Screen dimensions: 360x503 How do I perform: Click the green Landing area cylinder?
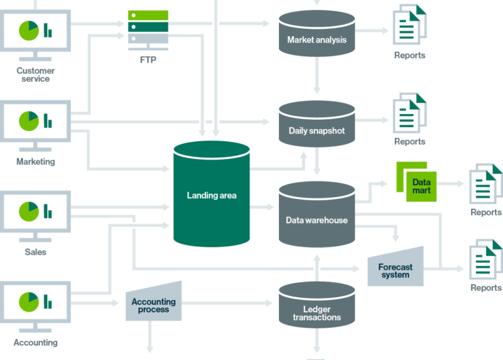211,194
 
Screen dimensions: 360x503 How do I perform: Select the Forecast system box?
396,268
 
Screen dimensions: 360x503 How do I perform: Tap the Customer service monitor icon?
35,31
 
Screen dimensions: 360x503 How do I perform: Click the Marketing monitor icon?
35,121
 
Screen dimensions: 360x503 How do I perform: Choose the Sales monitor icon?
35,211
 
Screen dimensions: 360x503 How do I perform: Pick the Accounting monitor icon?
35,302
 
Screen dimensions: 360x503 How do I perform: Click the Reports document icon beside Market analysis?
409,24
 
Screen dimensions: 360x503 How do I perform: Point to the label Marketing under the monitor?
35,162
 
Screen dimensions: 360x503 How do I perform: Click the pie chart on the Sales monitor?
28,211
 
